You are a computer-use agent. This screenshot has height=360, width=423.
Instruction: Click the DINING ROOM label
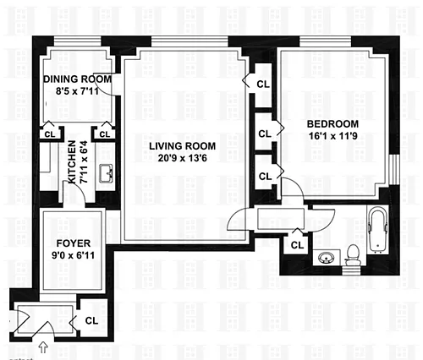[x=77, y=79]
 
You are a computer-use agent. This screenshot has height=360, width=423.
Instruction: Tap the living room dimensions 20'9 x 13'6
[x=182, y=158]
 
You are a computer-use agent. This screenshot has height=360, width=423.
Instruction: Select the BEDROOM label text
[x=332, y=124]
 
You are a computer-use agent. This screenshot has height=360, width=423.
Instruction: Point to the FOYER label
[x=74, y=243]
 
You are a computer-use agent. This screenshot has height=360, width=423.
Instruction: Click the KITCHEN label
[x=72, y=162]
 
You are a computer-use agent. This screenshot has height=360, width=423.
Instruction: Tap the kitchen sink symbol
[x=106, y=173]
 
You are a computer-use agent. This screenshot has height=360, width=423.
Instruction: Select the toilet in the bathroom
[x=353, y=255]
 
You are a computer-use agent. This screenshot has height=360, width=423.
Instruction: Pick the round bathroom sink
[x=327, y=257]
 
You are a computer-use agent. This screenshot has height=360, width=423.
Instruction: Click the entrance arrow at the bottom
[x=43, y=347]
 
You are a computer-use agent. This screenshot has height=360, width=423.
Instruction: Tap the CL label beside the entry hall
[x=91, y=320]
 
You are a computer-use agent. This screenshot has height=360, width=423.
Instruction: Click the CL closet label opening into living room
[x=263, y=85]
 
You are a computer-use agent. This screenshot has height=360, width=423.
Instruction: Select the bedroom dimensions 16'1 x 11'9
[x=333, y=136]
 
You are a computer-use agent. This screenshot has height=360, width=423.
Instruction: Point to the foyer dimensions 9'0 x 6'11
[x=74, y=255]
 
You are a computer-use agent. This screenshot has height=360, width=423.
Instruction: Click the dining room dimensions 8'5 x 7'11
[x=77, y=91]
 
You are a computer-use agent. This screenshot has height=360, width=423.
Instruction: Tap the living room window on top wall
[x=190, y=41]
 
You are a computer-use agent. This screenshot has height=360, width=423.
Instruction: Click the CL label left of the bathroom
[x=297, y=245]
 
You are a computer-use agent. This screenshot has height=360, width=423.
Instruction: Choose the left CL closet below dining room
[x=50, y=134]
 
